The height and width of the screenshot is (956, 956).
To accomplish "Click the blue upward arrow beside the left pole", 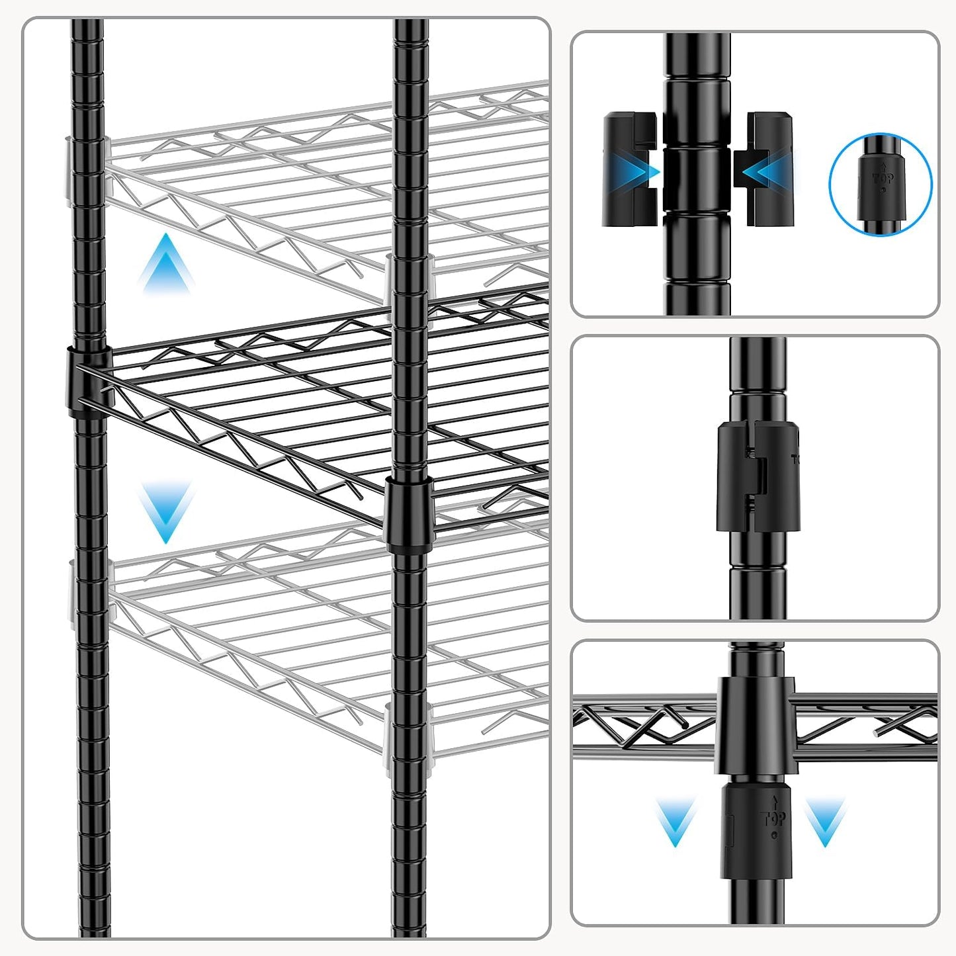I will pyautogui.click(x=166, y=264).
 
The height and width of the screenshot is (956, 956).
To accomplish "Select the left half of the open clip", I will pyautogui.click(x=629, y=169).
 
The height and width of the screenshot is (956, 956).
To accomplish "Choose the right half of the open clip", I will pyautogui.click(x=768, y=169).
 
